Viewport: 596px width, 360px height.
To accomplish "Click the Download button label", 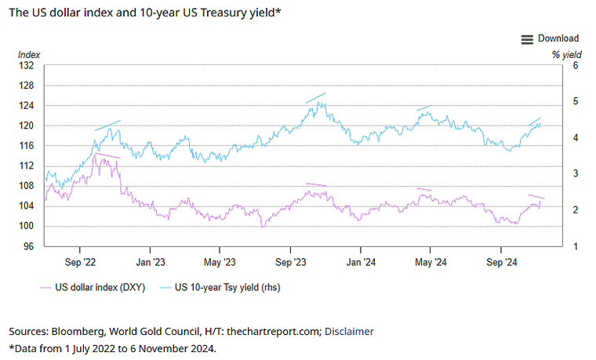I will pos(558,38).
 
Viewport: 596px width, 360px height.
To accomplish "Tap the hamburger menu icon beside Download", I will pos(527,38).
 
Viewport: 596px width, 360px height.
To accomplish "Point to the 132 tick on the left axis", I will pos(28,66).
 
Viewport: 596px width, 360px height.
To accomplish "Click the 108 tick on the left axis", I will pos(28,187).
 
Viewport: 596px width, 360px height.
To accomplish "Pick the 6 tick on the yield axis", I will pos(575,66).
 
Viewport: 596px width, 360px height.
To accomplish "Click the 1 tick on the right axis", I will pos(575,247).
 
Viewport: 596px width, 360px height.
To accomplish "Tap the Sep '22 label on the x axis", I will pos(79,261).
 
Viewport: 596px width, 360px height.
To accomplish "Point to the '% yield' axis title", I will pos(565,55).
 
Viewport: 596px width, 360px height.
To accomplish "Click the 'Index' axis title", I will pos(29,55).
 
